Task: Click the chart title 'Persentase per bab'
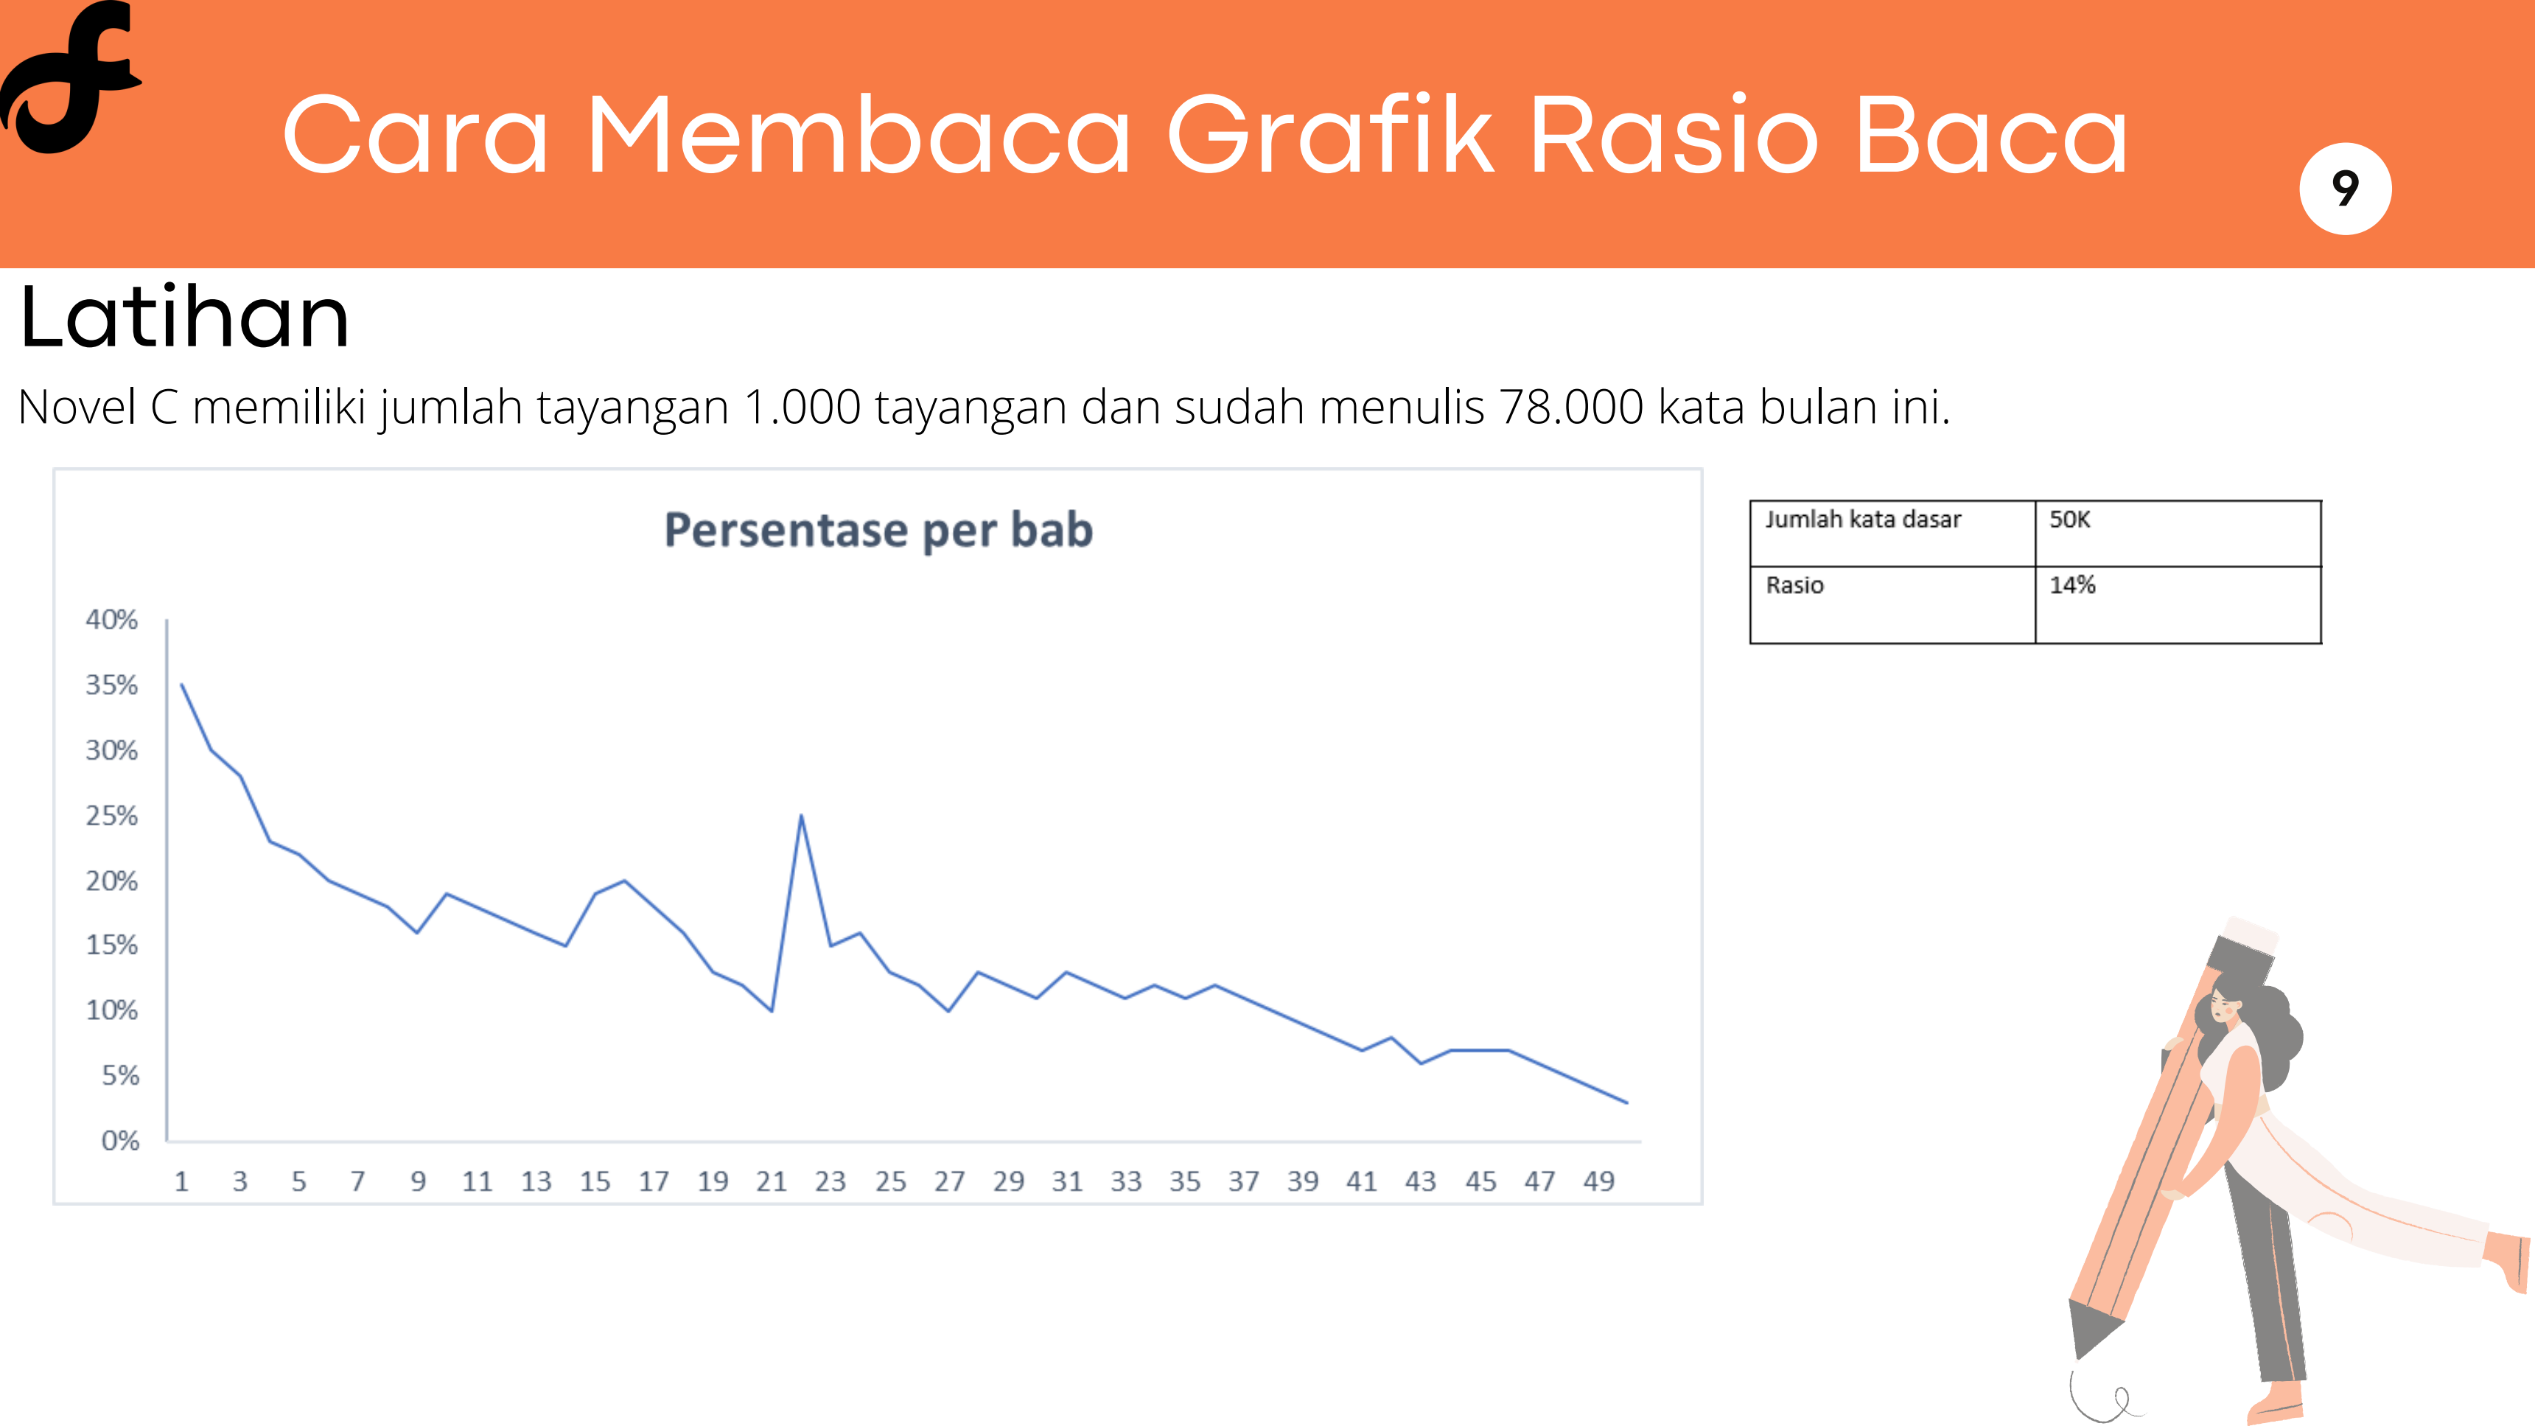tap(878, 531)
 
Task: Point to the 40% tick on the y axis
tap(111, 620)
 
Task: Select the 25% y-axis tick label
tap(111, 816)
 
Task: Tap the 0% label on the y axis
tap(120, 1141)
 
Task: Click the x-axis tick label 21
tap(772, 1181)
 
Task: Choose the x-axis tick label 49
tap(1599, 1181)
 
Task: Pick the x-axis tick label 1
tap(181, 1181)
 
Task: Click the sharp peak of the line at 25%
tap(801, 816)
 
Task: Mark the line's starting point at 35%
tap(182, 685)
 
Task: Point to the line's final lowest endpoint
tap(1626, 1102)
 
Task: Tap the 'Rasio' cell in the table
tap(1892, 604)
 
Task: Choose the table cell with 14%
tap(2178, 604)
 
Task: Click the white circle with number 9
tap(2345, 188)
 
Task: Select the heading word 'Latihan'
tap(185, 318)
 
